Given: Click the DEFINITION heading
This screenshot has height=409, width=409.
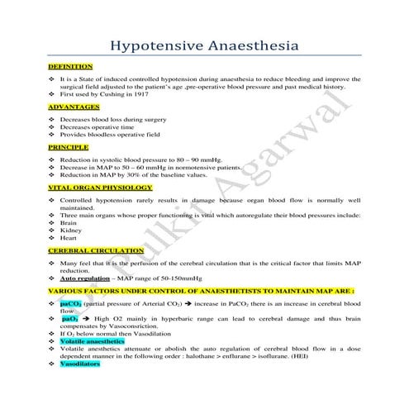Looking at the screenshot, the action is pos(70,65).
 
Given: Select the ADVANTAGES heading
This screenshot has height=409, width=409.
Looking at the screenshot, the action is pos(74,107).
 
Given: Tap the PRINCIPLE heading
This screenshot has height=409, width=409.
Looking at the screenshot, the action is pos(69,146).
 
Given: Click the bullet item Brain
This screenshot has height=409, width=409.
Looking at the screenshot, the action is pos(69,222).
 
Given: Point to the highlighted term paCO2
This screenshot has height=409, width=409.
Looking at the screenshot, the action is pos(69,304).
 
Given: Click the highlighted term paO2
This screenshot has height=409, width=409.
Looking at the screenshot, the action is pos(70,319).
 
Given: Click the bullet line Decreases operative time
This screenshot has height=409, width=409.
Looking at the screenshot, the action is pos(95,126).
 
